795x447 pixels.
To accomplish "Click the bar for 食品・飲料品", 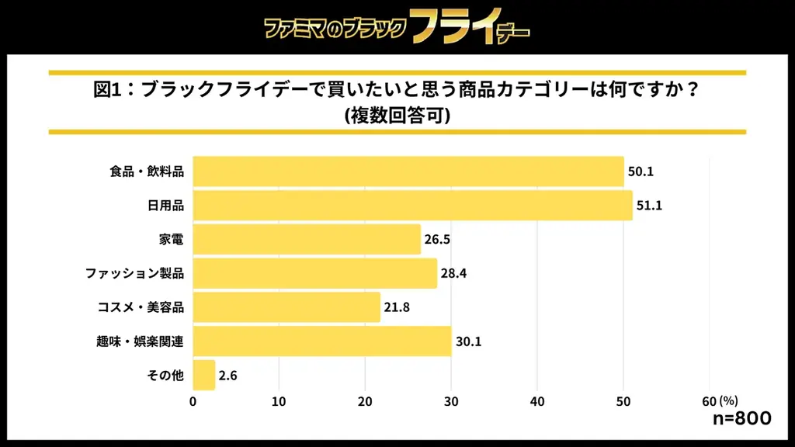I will (408, 172).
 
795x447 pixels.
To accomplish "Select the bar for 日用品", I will (412, 206).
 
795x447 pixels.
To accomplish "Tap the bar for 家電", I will (307, 240).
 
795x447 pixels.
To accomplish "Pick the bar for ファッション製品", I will (314, 273).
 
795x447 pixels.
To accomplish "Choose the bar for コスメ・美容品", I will (286, 307).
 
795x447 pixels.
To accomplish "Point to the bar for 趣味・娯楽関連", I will (322, 341).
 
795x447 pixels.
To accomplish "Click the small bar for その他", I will (203, 376).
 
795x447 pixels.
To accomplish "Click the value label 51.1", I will (649, 206).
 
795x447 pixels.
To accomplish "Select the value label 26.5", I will (437, 240).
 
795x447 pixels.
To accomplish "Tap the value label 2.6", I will (227, 376).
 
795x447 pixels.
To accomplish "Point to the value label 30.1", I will (468, 341).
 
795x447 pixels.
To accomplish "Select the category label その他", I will (165, 376).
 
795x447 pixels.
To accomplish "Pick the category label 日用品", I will (165, 206).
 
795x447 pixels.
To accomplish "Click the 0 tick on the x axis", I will (193, 401).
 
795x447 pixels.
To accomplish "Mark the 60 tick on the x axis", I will (709, 401).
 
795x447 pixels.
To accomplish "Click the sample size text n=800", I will (741, 419).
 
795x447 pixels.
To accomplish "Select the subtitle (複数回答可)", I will (397, 116).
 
